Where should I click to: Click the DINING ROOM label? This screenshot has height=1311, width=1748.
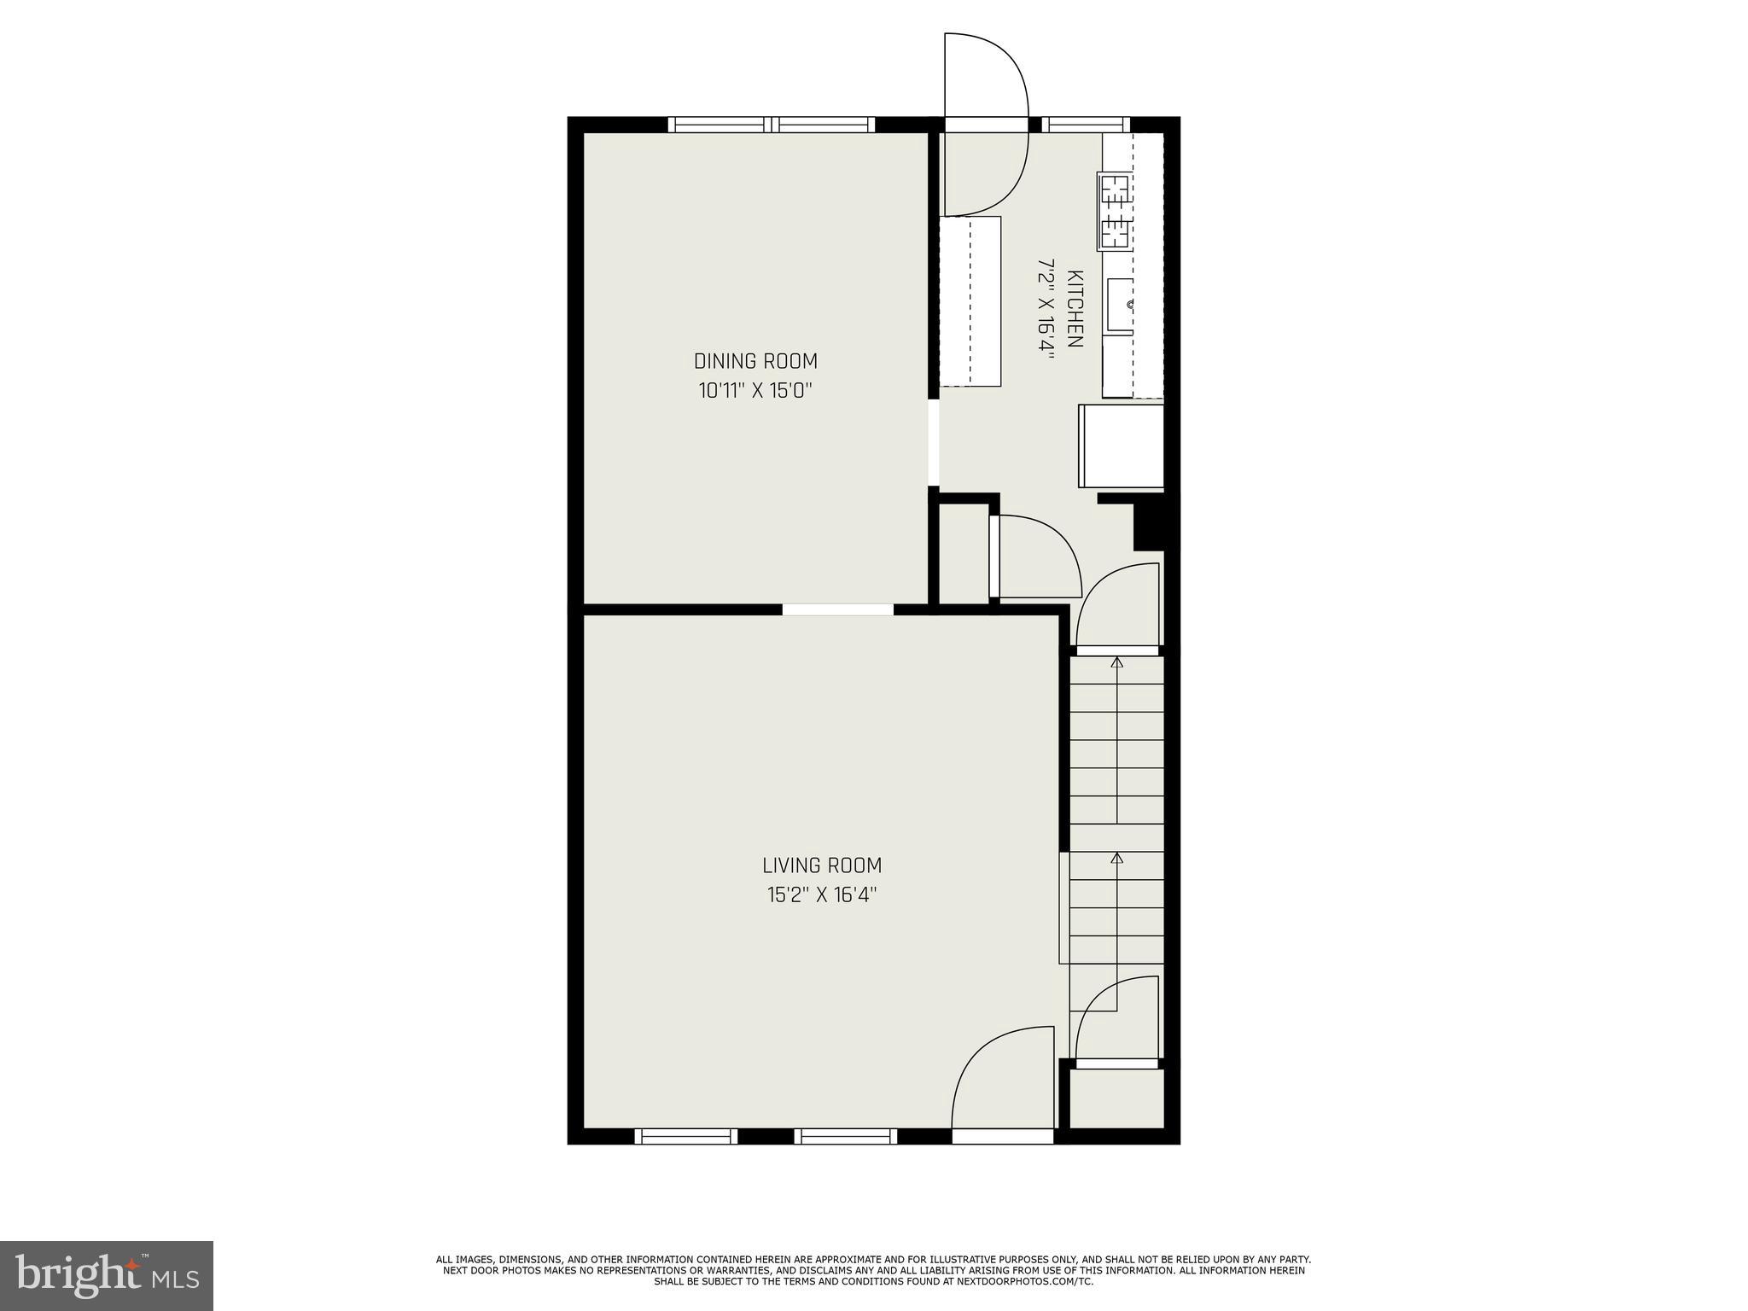coord(755,361)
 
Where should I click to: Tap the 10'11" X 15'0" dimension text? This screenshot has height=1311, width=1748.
coord(755,391)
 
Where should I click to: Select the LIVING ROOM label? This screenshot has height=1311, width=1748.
coord(822,865)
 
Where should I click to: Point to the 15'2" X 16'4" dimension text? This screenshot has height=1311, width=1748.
coord(822,895)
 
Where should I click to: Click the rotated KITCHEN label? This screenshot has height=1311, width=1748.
coord(1075,309)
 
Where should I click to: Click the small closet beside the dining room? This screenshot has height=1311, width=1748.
coord(964,554)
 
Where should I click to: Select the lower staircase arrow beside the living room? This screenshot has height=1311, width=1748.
coord(1116,857)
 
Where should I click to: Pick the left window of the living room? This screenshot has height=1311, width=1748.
coord(685,1136)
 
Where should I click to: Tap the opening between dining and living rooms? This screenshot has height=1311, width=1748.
coord(837,609)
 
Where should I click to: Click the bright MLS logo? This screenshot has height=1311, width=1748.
coord(107,1276)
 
